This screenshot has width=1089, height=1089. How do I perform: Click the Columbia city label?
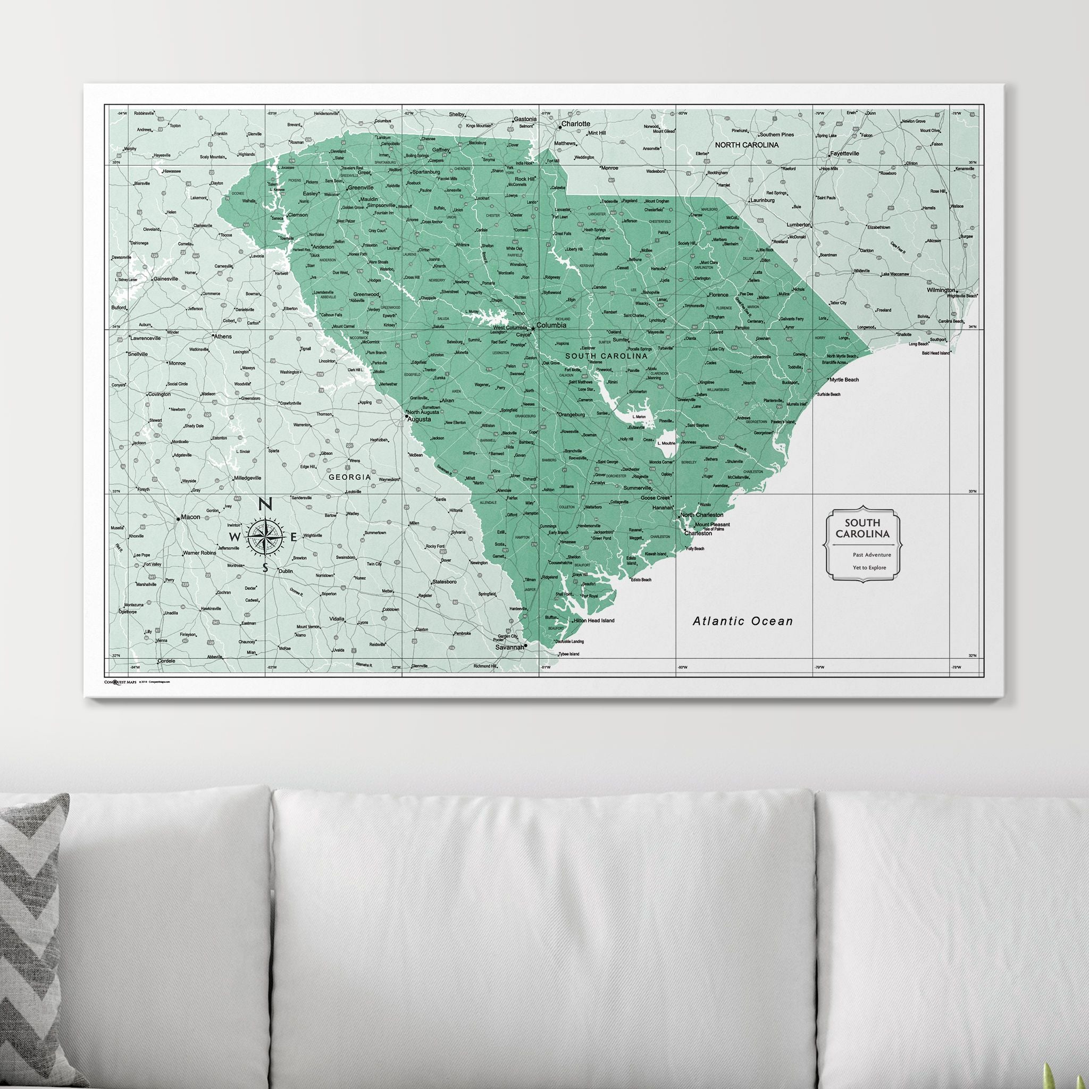pyautogui.click(x=551, y=325)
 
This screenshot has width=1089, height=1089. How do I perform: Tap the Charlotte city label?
pyautogui.click(x=575, y=123)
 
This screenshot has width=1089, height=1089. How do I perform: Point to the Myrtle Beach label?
pyautogui.click(x=844, y=380)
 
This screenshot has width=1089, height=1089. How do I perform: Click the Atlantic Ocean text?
pyautogui.click(x=742, y=621)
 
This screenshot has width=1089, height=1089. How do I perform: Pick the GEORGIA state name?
pyautogui.click(x=350, y=477)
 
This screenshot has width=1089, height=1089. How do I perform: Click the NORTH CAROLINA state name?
pyautogui.click(x=747, y=145)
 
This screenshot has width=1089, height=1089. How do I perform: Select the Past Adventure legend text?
pyautogui.click(x=872, y=555)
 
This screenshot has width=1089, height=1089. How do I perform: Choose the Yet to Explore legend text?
pyautogui.click(x=870, y=567)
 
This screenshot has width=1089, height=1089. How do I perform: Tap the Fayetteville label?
pyautogui.click(x=844, y=153)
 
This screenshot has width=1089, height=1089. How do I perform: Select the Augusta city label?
pyautogui.click(x=420, y=420)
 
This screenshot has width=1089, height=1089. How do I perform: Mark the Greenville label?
pyautogui.click(x=361, y=188)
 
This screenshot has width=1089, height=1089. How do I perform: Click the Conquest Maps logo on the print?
pyautogui.click(x=120, y=682)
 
